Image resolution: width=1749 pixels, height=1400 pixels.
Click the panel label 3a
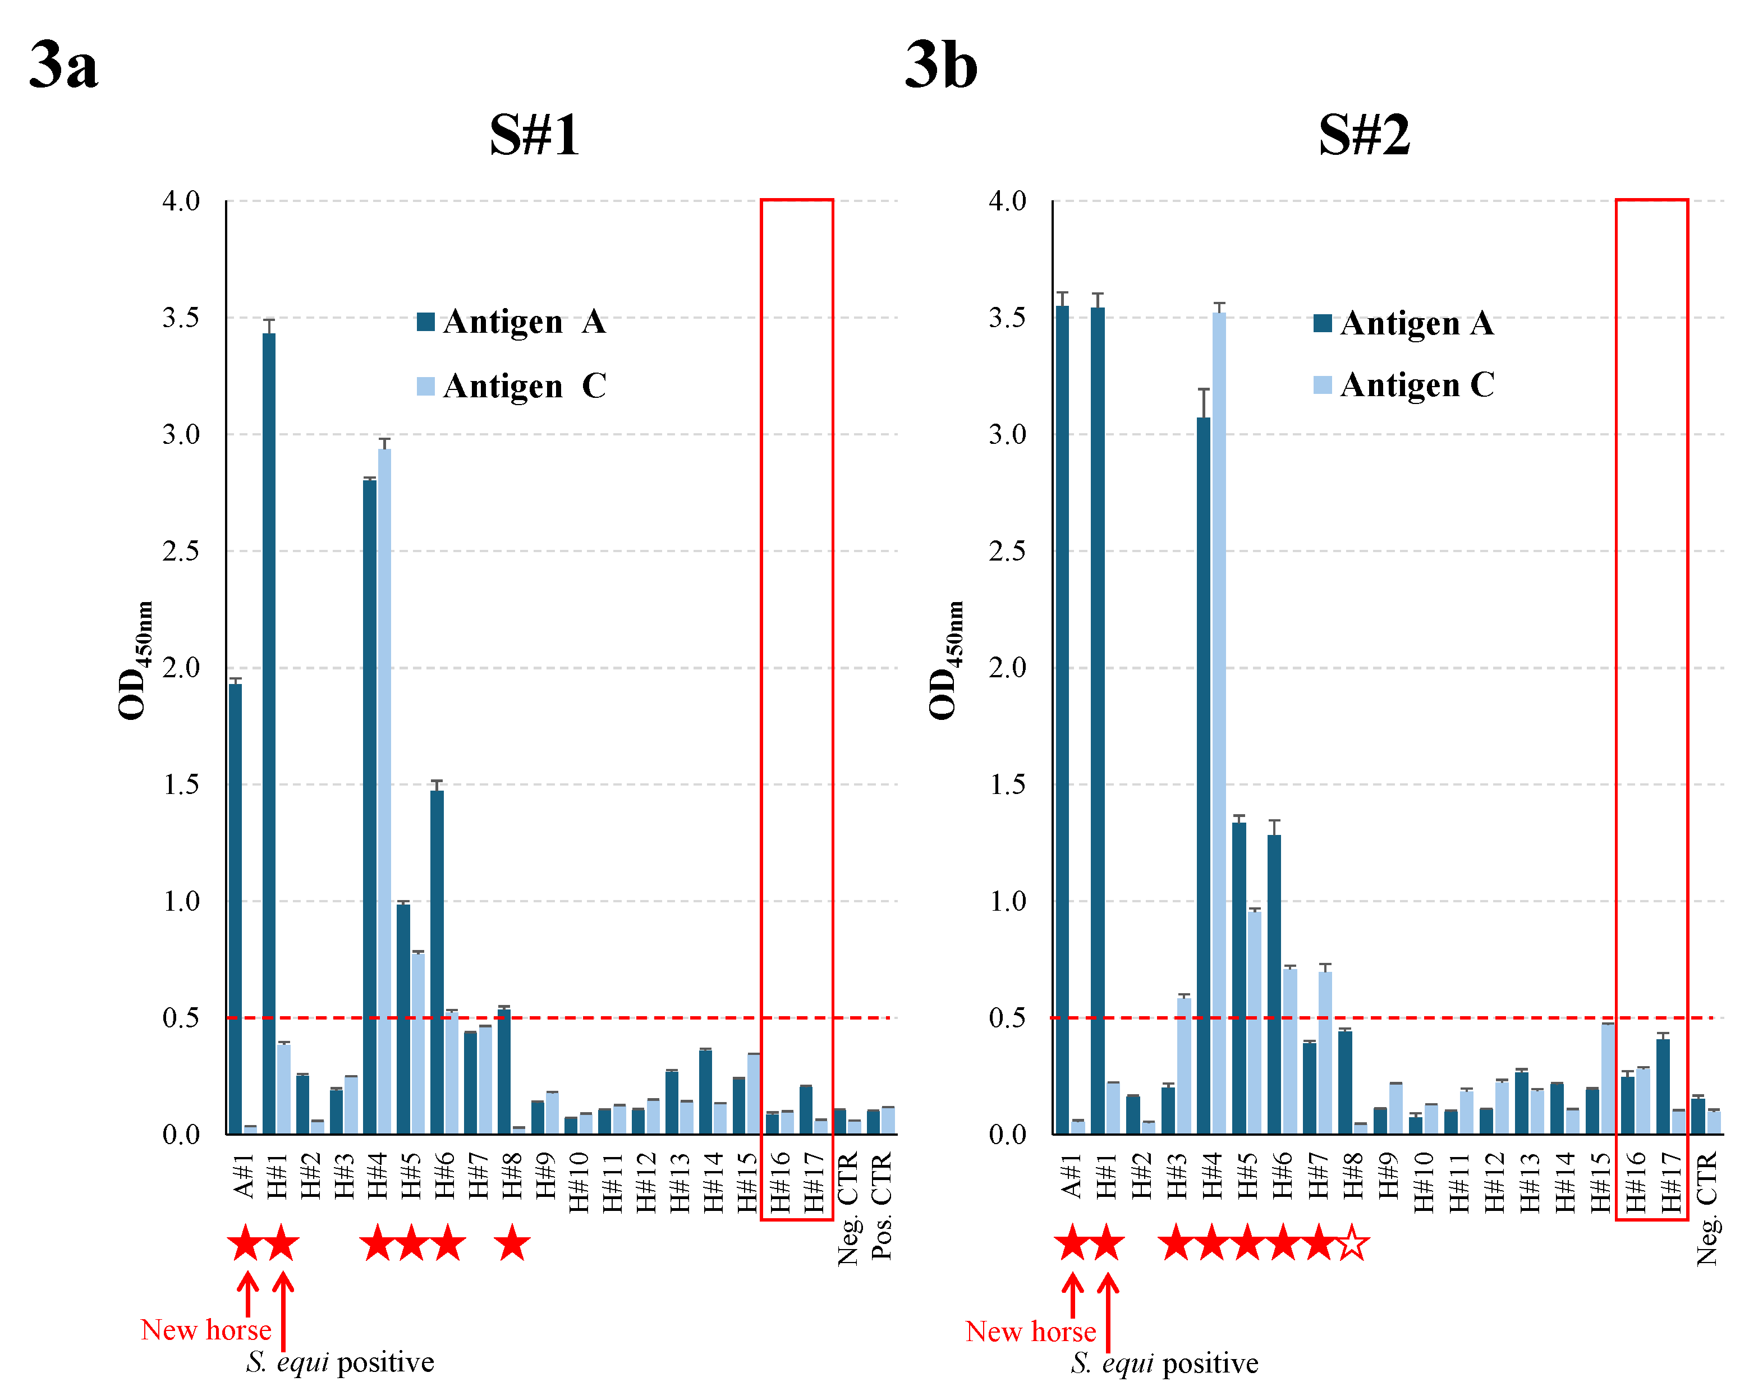pyautogui.click(x=63, y=65)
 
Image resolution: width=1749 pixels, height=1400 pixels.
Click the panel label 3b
pyautogui.click(x=941, y=65)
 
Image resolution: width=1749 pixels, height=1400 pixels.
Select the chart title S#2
pyautogui.click(x=1365, y=135)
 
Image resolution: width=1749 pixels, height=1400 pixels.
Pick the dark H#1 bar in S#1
pyautogui.click(x=269, y=730)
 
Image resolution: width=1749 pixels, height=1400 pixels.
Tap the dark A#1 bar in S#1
pyautogui.click(x=235, y=908)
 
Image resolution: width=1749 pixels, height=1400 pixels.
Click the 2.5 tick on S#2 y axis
pyautogui.click(x=1007, y=552)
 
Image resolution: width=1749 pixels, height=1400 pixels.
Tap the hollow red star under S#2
pyautogui.click(x=1353, y=1243)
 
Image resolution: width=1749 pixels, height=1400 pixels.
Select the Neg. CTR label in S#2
pyautogui.click(x=1707, y=1209)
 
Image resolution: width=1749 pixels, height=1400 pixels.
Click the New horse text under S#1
pyautogui.click(x=206, y=1330)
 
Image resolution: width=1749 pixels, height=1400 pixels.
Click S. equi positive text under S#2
pyautogui.click(x=1164, y=1364)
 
